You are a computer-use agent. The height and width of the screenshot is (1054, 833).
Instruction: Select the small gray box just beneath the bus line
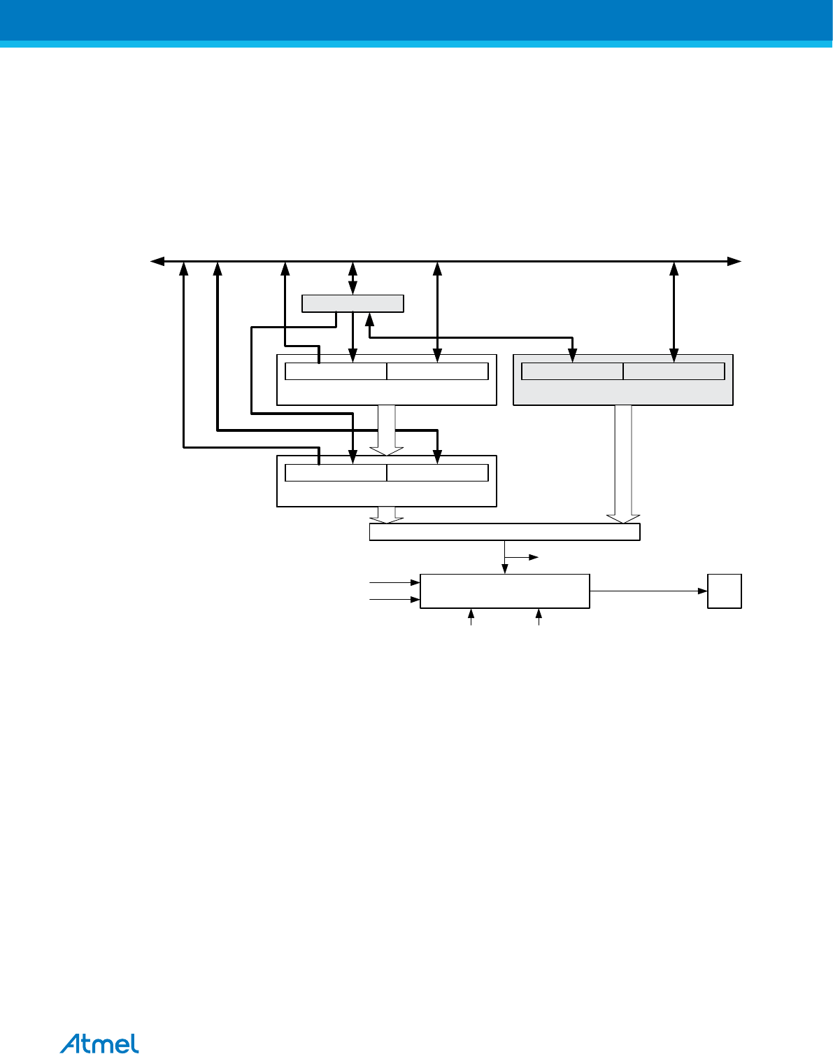[x=353, y=304]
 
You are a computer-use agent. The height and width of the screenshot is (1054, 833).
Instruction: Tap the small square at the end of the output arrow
[x=724, y=591]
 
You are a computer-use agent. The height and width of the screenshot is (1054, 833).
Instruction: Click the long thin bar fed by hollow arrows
[x=504, y=532]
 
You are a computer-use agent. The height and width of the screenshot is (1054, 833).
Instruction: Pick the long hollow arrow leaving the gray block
[x=623, y=462]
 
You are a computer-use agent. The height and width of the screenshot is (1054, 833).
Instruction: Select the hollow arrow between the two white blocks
[x=387, y=429]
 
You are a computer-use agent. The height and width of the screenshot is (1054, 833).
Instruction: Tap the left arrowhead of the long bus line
[x=157, y=261]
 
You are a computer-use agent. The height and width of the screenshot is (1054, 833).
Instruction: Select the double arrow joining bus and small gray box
[x=353, y=278]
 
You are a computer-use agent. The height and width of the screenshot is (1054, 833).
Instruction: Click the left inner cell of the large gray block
[x=572, y=372]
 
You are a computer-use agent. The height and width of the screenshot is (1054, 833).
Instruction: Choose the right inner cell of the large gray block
[x=674, y=372]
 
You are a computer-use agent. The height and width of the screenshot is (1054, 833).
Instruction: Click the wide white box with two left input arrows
[x=504, y=591]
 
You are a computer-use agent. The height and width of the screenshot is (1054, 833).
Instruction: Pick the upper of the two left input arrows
[x=394, y=582]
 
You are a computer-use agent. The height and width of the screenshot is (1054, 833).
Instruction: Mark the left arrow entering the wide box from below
[x=471, y=617]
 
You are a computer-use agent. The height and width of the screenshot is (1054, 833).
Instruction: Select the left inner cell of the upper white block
[x=336, y=372]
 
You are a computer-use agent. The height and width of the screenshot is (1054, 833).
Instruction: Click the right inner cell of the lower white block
[x=437, y=472]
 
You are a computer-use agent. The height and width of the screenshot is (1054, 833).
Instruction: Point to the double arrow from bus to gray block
[x=674, y=308]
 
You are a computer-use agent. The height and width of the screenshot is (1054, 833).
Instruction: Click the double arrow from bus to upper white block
[x=437, y=308]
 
